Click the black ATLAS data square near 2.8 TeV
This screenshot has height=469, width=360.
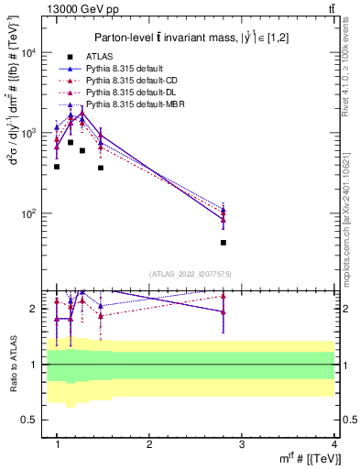[224, 243]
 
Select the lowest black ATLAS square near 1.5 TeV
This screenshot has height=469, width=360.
[101, 168]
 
